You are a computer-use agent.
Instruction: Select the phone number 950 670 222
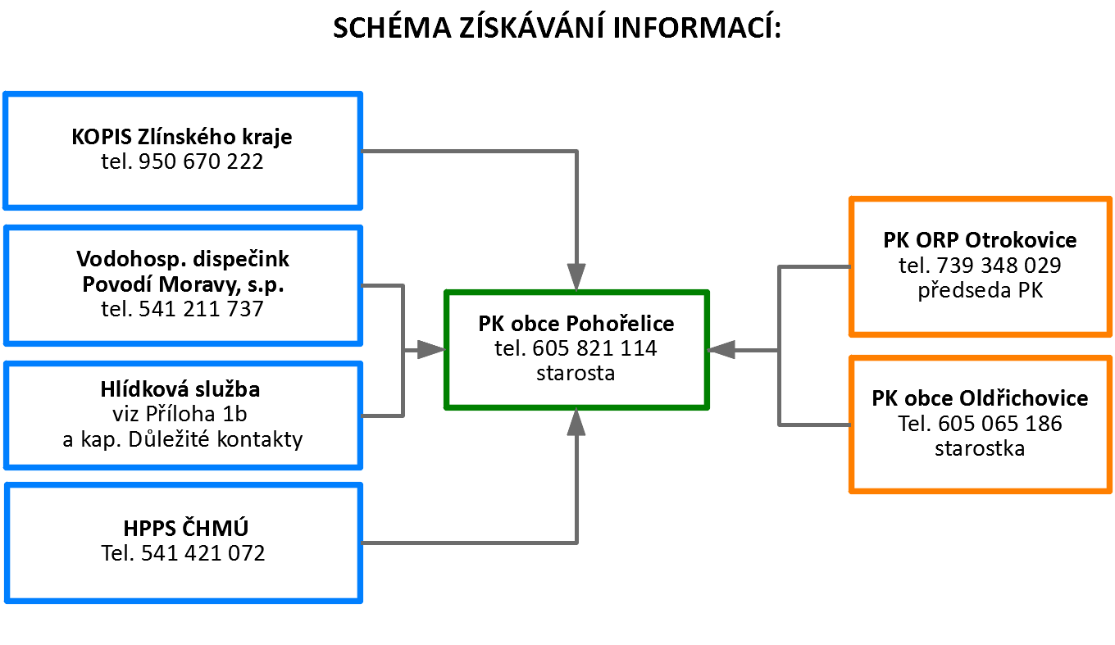coord(202,161)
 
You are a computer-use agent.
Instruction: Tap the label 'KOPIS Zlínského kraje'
coord(182,136)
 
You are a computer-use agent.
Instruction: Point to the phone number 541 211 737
coord(202,308)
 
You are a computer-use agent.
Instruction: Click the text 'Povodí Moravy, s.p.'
coord(183,284)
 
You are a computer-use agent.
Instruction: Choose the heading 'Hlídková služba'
coord(183,389)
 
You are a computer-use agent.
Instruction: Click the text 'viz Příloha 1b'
coord(183,414)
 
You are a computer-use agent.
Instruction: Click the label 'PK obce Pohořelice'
coord(576,324)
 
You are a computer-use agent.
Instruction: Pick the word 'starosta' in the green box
coord(576,373)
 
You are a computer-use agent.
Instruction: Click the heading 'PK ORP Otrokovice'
coord(980,241)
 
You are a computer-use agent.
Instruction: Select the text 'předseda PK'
coord(981,290)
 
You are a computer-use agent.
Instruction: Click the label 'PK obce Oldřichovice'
coord(980,399)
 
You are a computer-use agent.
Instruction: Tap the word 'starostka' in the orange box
coord(980,448)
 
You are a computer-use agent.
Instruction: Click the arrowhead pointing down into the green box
coord(576,277)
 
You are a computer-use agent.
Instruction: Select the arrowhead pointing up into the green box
coord(576,422)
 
